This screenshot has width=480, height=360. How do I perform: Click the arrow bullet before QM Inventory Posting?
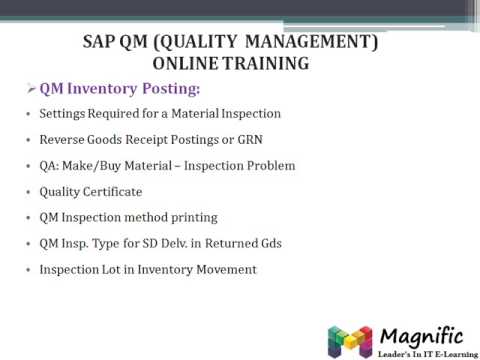(31, 89)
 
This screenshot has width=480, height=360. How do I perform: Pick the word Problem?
(268, 166)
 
